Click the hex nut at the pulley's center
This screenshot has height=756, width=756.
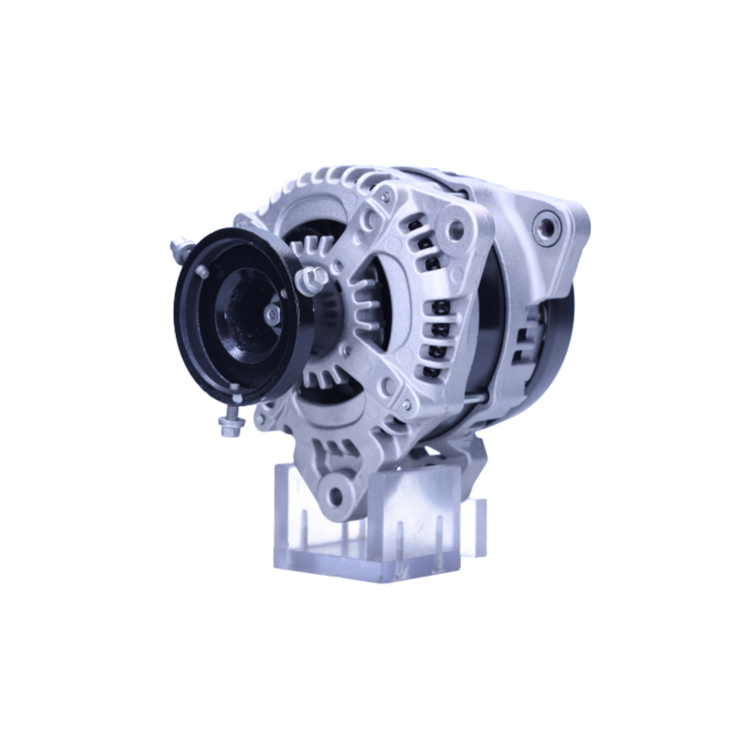(273, 312)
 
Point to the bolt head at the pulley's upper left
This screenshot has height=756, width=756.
(179, 247)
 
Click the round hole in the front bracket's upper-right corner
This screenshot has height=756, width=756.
(454, 229)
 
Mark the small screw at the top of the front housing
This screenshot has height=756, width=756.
(386, 196)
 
